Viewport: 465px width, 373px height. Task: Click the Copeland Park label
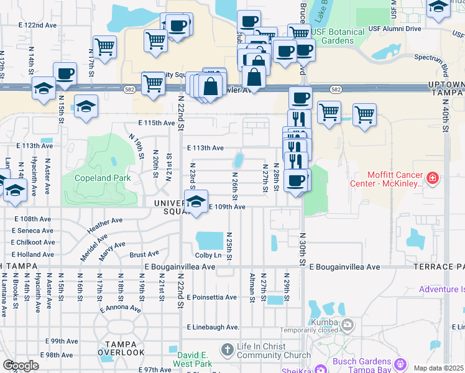[x=103, y=178]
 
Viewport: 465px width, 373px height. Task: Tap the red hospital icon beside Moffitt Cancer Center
[x=433, y=180]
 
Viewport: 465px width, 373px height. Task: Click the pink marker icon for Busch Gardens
[x=400, y=363]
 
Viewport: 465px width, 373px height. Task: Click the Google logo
[x=21, y=366]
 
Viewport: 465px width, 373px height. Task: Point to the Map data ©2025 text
[x=438, y=368]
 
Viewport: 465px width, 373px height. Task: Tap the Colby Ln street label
[x=208, y=256]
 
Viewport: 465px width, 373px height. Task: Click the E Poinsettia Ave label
[x=211, y=297]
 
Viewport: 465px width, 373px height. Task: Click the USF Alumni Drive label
[x=396, y=29]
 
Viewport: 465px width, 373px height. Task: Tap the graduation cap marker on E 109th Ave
[x=196, y=203]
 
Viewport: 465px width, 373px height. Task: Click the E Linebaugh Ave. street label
[x=213, y=327]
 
